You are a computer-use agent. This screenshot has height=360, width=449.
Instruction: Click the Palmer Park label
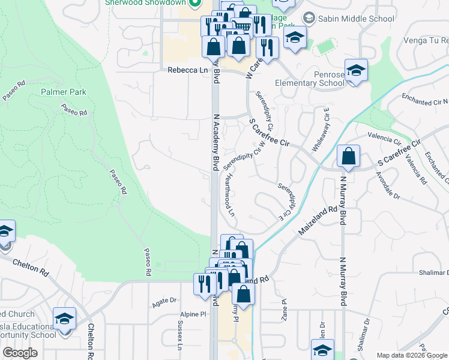(x=64, y=92)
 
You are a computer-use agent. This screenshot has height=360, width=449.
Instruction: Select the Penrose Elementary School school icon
(x=356, y=71)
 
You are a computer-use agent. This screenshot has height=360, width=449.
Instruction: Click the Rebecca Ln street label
(x=183, y=70)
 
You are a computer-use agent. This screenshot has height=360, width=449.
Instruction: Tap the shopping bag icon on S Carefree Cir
(x=348, y=157)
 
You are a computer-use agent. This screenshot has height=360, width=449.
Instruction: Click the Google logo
(x=20, y=352)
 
